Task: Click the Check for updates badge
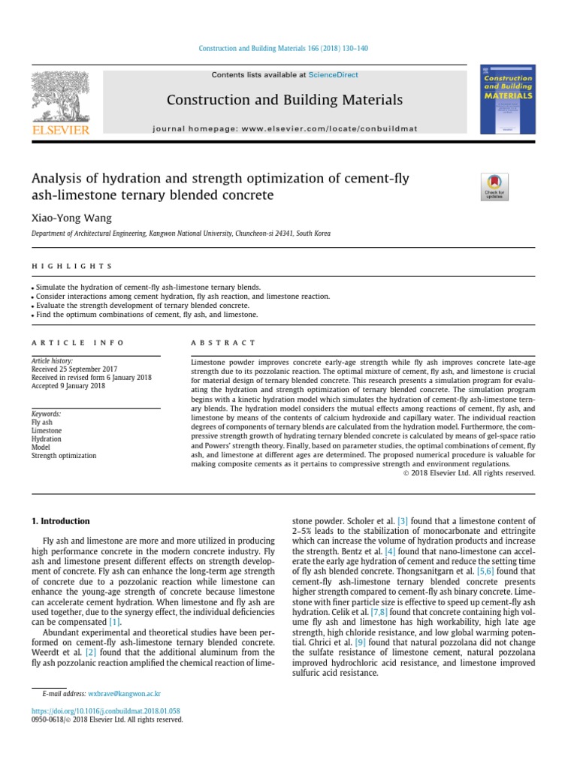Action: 494,186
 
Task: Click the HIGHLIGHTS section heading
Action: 72,266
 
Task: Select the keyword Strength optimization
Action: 64,455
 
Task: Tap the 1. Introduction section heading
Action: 61,521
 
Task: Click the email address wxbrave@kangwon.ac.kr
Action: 124,695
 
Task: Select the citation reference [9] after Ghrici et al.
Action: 360,642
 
